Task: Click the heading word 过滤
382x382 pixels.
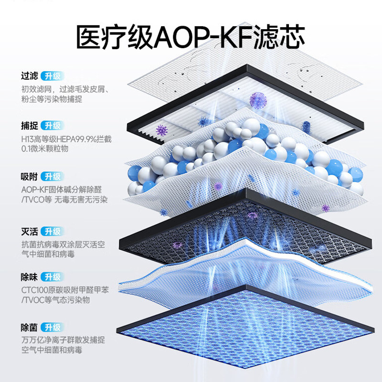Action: [x=29, y=76]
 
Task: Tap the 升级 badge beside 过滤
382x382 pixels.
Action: [x=52, y=76]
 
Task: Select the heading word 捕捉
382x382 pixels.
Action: [x=29, y=126]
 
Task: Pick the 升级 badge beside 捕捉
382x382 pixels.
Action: [x=52, y=126]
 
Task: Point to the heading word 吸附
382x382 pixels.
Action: [x=29, y=177]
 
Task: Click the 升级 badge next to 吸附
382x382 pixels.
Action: [x=52, y=177]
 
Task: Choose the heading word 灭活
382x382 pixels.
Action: [x=29, y=232]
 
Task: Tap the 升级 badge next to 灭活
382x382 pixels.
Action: [x=52, y=232]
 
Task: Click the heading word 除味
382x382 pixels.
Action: [x=29, y=276]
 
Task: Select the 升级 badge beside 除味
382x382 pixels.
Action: [x=52, y=276]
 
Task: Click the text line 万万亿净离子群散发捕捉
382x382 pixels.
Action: [x=63, y=340]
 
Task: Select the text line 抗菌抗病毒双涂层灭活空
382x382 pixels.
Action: [x=63, y=244]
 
